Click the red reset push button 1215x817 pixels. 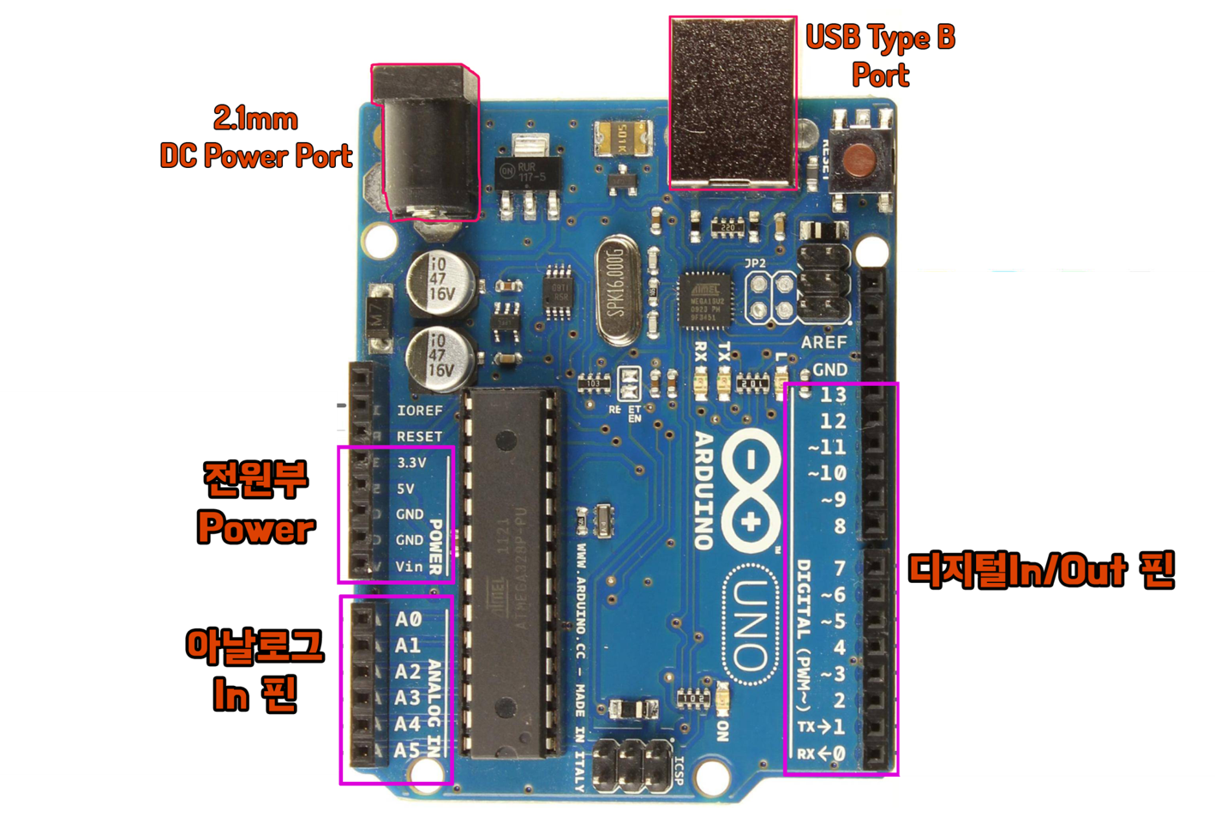point(859,160)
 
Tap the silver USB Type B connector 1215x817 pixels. point(733,101)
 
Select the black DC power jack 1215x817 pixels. point(425,144)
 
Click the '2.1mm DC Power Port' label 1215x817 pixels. point(256,137)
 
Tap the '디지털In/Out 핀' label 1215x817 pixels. point(1040,570)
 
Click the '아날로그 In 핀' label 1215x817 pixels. point(254,670)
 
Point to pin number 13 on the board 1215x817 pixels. point(833,395)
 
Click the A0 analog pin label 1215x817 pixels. point(408,619)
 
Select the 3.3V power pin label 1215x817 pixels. point(411,462)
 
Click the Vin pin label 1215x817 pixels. point(409,566)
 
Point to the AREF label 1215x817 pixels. point(823,342)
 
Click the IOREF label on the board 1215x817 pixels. point(419,411)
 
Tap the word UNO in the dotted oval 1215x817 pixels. point(751,624)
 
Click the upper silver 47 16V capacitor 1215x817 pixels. point(440,280)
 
